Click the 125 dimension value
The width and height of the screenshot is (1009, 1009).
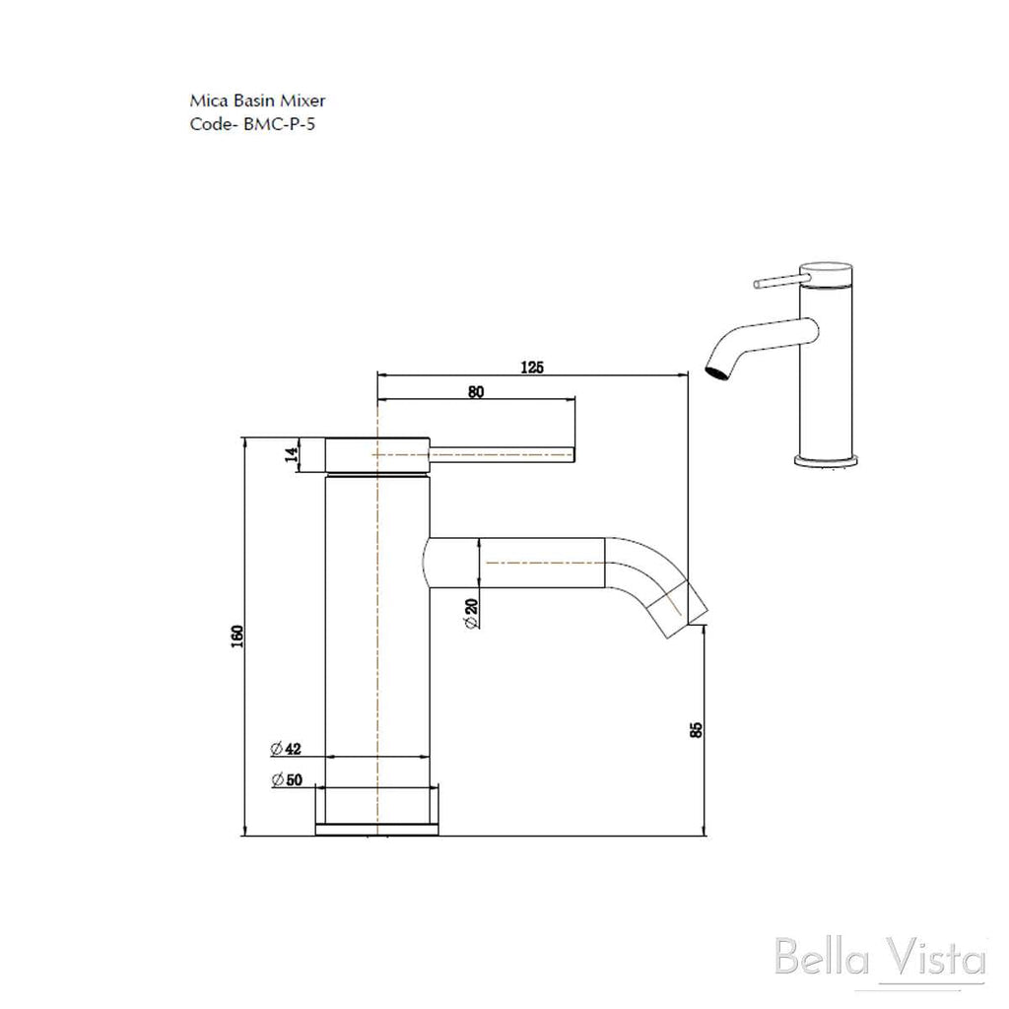click(532, 367)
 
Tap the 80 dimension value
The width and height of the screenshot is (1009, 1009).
click(476, 392)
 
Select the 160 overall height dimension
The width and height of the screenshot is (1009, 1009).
click(237, 636)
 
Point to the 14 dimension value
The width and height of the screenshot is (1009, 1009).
click(292, 454)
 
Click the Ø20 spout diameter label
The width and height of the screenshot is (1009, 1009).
click(471, 613)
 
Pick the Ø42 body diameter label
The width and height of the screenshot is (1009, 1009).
click(286, 749)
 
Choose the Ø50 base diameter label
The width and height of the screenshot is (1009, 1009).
click(287, 779)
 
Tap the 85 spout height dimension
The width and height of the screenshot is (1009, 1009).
click(696, 730)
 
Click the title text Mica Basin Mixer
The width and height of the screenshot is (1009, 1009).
click(257, 101)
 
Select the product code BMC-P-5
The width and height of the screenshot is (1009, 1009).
click(279, 123)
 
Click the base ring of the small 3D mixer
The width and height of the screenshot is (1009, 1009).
click(827, 461)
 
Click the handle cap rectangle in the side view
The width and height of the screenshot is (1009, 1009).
click(377, 455)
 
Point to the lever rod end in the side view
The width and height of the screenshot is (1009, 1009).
click(572, 455)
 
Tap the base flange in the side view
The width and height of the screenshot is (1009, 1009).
click(377, 830)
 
